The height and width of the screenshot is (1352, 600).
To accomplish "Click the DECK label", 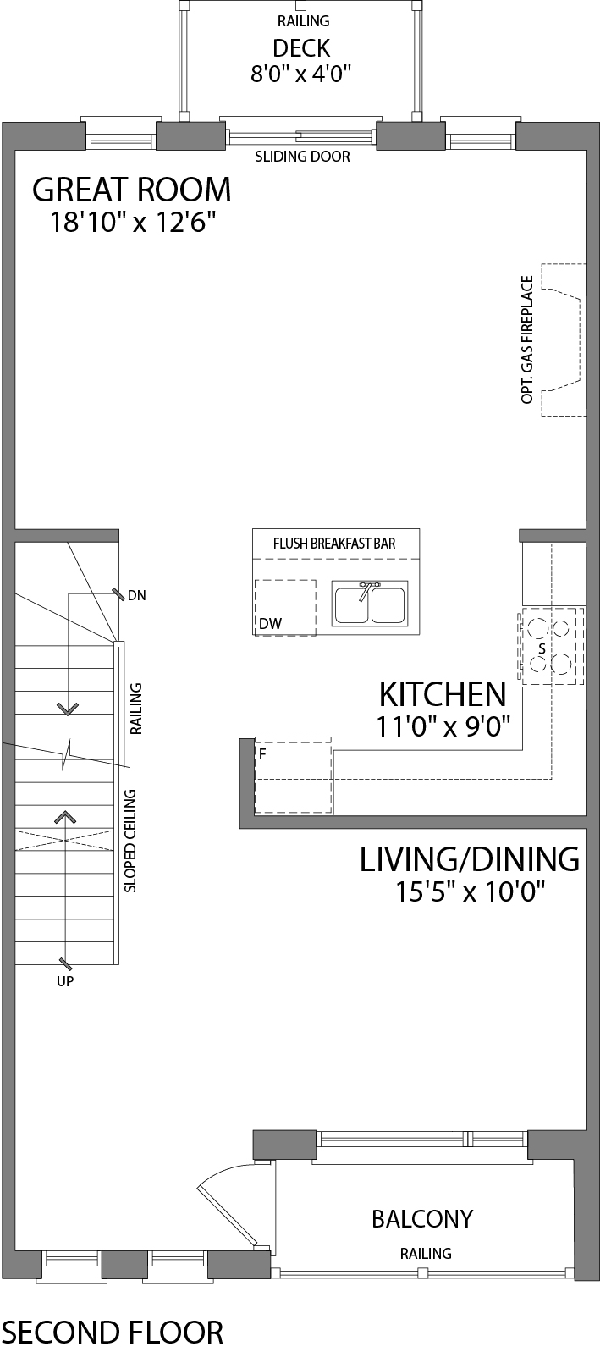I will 300,48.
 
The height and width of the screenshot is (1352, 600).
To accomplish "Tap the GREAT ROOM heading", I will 131,190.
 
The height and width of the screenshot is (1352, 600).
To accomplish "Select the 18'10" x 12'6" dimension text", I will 133,223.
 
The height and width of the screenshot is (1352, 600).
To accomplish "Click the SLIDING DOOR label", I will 302,157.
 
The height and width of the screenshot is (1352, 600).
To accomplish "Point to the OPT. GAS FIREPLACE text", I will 527,339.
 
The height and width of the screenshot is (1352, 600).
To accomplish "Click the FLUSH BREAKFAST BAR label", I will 334,543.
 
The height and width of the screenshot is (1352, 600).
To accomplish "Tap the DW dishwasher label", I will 271,624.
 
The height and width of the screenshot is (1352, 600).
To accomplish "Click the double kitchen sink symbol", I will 370,603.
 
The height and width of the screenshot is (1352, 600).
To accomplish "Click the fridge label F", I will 262,753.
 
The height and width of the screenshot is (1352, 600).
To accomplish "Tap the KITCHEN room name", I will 442,694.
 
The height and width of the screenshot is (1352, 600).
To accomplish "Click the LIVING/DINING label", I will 470,858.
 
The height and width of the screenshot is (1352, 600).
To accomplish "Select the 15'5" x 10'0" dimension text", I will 470,891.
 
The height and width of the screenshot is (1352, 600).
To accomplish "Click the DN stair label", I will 136,595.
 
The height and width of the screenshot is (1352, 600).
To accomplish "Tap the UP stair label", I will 65,981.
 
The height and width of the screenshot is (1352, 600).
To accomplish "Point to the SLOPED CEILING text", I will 130,841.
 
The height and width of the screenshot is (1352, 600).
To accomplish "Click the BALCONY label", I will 422,1218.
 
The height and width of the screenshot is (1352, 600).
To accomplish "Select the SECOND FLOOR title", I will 113,1332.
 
